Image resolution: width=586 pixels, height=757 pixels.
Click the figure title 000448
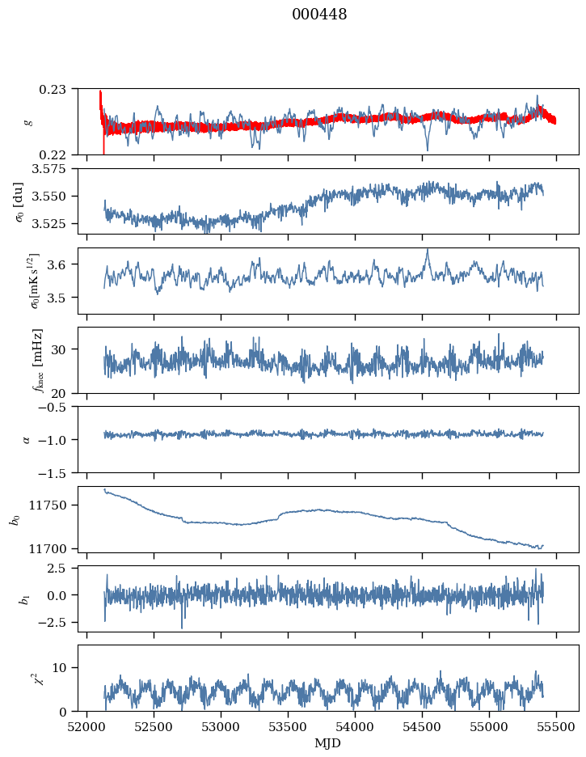(x=319, y=15)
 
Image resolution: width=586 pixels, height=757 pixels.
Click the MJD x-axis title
(x=328, y=743)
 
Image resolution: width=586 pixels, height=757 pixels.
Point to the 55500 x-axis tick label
(x=555, y=726)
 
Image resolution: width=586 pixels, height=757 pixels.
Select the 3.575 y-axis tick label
(x=54, y=168)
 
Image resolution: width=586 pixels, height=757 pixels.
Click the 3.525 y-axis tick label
(x=54, y=223)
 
